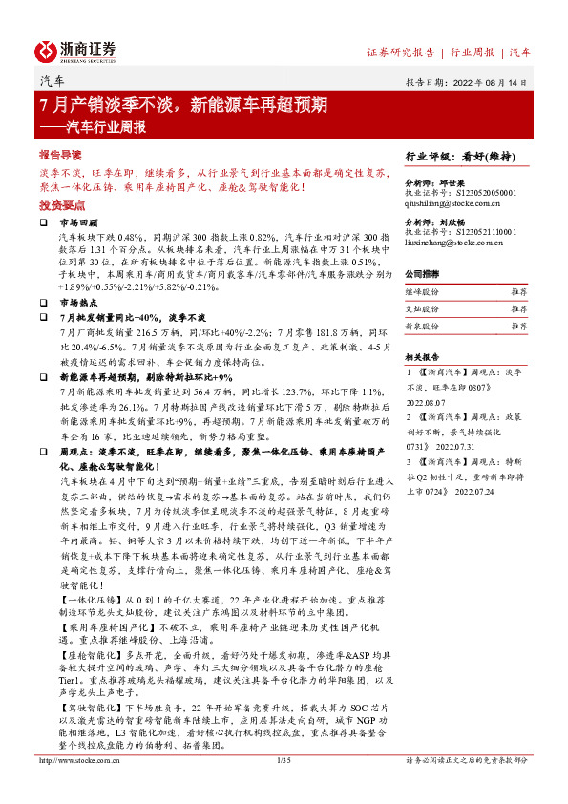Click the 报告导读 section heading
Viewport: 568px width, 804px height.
tap(60, 155)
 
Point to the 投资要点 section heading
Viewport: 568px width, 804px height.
tap(60, 204)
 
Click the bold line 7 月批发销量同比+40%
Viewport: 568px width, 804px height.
tap(132, 316)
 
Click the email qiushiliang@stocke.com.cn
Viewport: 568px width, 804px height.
tap(461, 203)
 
